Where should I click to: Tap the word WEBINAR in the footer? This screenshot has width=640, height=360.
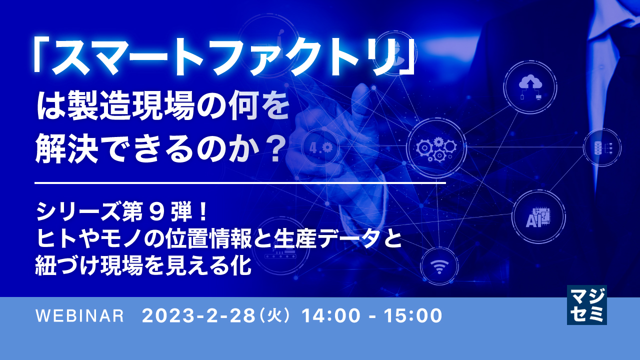click(x=79, y=316)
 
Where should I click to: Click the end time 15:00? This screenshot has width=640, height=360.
click(x=412, y=316)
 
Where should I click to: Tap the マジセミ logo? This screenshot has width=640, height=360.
click(x=586, y=305)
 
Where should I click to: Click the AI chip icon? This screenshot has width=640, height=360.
click(x=538, y=216)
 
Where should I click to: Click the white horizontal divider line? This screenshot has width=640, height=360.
click(x=240, y=183)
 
